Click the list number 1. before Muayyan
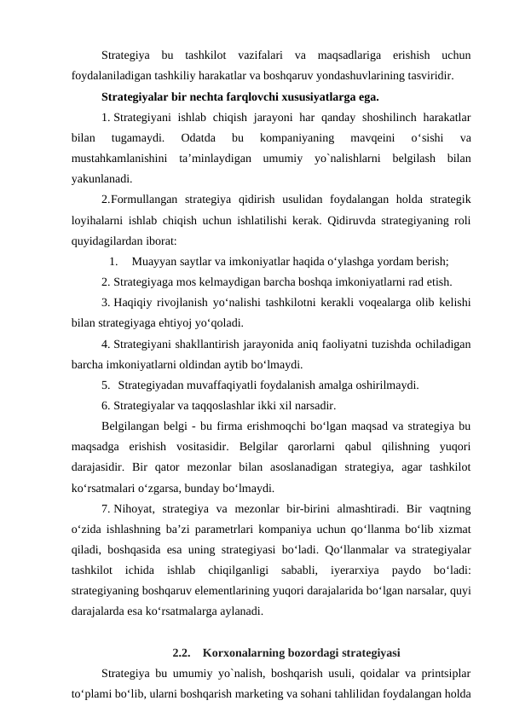tap(114, 262)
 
